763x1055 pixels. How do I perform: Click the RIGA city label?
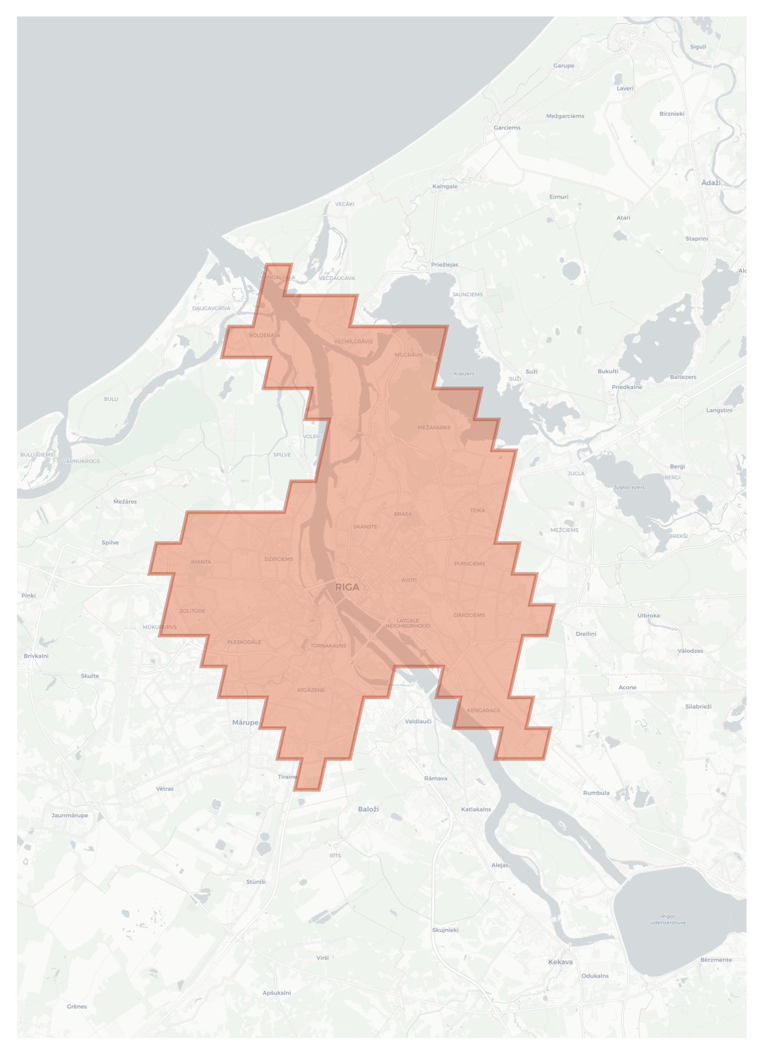pyautogui.click(x=347, y=587)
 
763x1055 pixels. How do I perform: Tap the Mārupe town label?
pyautogui.click(x=245, y=722)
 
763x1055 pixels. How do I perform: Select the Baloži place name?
pyautogui.click(x=368, y=809)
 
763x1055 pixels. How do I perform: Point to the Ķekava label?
pyautogui.click(x=560, y=962)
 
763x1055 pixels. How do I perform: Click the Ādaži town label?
pyautogui.click(x=711, y=182)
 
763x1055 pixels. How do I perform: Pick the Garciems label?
pyautogui.click(x=507, y=128)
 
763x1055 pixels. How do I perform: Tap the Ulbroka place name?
pyautogui.click(x=648, y=615)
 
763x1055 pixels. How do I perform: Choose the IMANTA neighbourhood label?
pyautogui.click(x=201, y=562)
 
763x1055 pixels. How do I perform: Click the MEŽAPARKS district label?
pyautogui.click(x=434, y=427)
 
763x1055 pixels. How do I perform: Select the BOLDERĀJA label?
pyautogui.click(x=264, y=335)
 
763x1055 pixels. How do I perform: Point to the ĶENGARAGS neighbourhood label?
pyautogui.click(x=483, y=710)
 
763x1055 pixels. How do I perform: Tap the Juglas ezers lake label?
pyautogui.click(x=629, y=487)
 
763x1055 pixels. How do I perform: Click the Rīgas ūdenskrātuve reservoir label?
pyautogui.click(x=668, y=919)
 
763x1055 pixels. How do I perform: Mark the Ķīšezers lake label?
pyautogui.click(x=464, y=373)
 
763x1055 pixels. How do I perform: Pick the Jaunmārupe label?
pyautogui.click(x=70, y=815)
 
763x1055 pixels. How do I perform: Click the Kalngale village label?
pyautogui.click(x=445, y=186)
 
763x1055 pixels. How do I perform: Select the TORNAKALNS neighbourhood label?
pyautogui.click(x=328, y=646)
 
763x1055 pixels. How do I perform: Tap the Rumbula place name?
pyautogui.click(x=596, y=793)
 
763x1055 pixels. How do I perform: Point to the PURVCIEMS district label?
pyautogui.click(x=470, y=564)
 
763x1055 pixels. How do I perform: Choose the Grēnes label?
pyautogui.click(x=77, y=1006)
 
